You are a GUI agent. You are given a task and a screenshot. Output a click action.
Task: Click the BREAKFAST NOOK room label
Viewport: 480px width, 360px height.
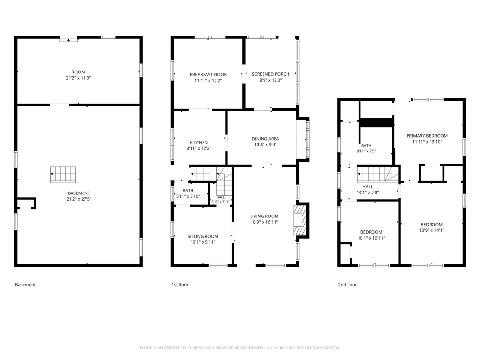(208, 75)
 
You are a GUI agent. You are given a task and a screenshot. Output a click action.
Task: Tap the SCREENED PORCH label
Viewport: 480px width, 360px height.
(271, 74)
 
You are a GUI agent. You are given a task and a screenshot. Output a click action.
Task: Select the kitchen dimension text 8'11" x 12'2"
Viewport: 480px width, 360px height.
(199, 148)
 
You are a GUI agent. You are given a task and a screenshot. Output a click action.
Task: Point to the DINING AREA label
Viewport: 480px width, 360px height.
(265, 139)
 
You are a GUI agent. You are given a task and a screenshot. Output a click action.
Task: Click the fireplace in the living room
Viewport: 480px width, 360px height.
(300, 220)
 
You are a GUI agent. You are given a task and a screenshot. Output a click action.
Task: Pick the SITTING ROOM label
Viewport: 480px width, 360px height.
(203, 236)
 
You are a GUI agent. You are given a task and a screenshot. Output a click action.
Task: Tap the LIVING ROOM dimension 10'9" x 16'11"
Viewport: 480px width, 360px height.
(264, 222)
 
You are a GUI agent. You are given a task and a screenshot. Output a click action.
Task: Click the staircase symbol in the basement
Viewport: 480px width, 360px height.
(63, 175)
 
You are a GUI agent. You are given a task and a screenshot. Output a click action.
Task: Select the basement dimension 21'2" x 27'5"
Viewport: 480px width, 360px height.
(79, 199)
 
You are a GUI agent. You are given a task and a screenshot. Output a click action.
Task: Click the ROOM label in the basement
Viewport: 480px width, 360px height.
(78, 72)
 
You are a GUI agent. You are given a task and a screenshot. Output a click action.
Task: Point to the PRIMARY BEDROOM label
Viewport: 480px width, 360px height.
(427, 136)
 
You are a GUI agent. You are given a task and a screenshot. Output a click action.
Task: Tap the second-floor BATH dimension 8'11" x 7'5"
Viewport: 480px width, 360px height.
(366, 151)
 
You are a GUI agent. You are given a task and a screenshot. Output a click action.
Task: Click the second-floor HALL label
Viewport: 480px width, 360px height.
(368, 187)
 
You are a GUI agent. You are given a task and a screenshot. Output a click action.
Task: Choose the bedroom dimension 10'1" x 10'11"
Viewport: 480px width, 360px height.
(372, 238)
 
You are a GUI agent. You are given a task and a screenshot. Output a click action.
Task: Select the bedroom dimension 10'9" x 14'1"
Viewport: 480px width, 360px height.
(432, 230)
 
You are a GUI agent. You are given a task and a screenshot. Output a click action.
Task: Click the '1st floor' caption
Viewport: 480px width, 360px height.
(180, 285)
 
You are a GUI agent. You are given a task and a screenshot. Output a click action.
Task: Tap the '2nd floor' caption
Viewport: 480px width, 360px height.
(348, 285)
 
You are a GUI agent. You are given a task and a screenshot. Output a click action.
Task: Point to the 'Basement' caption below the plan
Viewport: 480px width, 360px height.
(25, 285)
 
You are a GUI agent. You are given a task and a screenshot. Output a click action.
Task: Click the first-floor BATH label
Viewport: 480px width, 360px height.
(188, 191)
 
